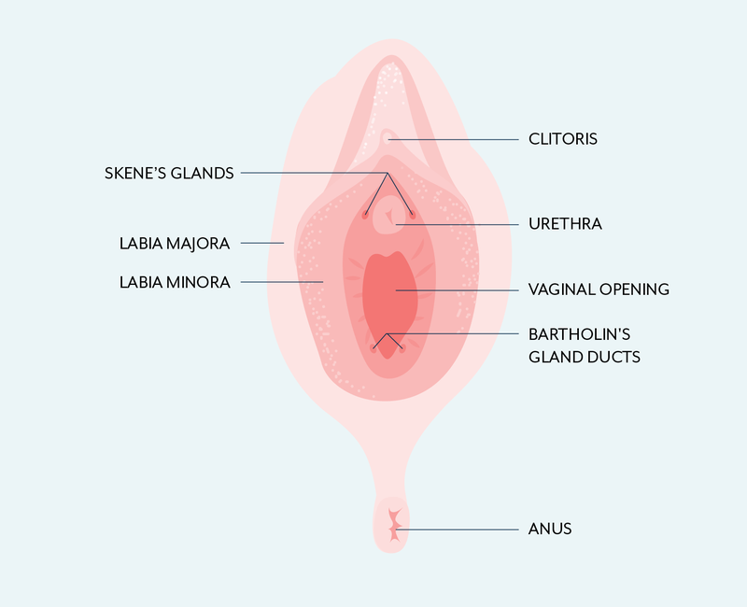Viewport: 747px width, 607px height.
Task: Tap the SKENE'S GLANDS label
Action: click(169, 173)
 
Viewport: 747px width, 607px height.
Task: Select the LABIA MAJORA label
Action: click(174, 244)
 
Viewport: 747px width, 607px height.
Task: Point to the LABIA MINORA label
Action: click(174, 281)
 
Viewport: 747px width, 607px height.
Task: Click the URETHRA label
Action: click(565, 224)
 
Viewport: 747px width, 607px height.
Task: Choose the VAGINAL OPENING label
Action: click(599, 289)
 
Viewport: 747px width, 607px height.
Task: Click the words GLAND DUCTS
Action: click(585, 357)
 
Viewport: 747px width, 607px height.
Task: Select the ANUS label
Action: click(549, 529)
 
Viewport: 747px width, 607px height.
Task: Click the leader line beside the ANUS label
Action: click(458, 529)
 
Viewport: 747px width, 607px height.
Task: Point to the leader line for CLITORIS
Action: click(458, 139)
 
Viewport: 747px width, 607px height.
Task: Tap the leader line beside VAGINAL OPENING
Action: click(458, 289)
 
